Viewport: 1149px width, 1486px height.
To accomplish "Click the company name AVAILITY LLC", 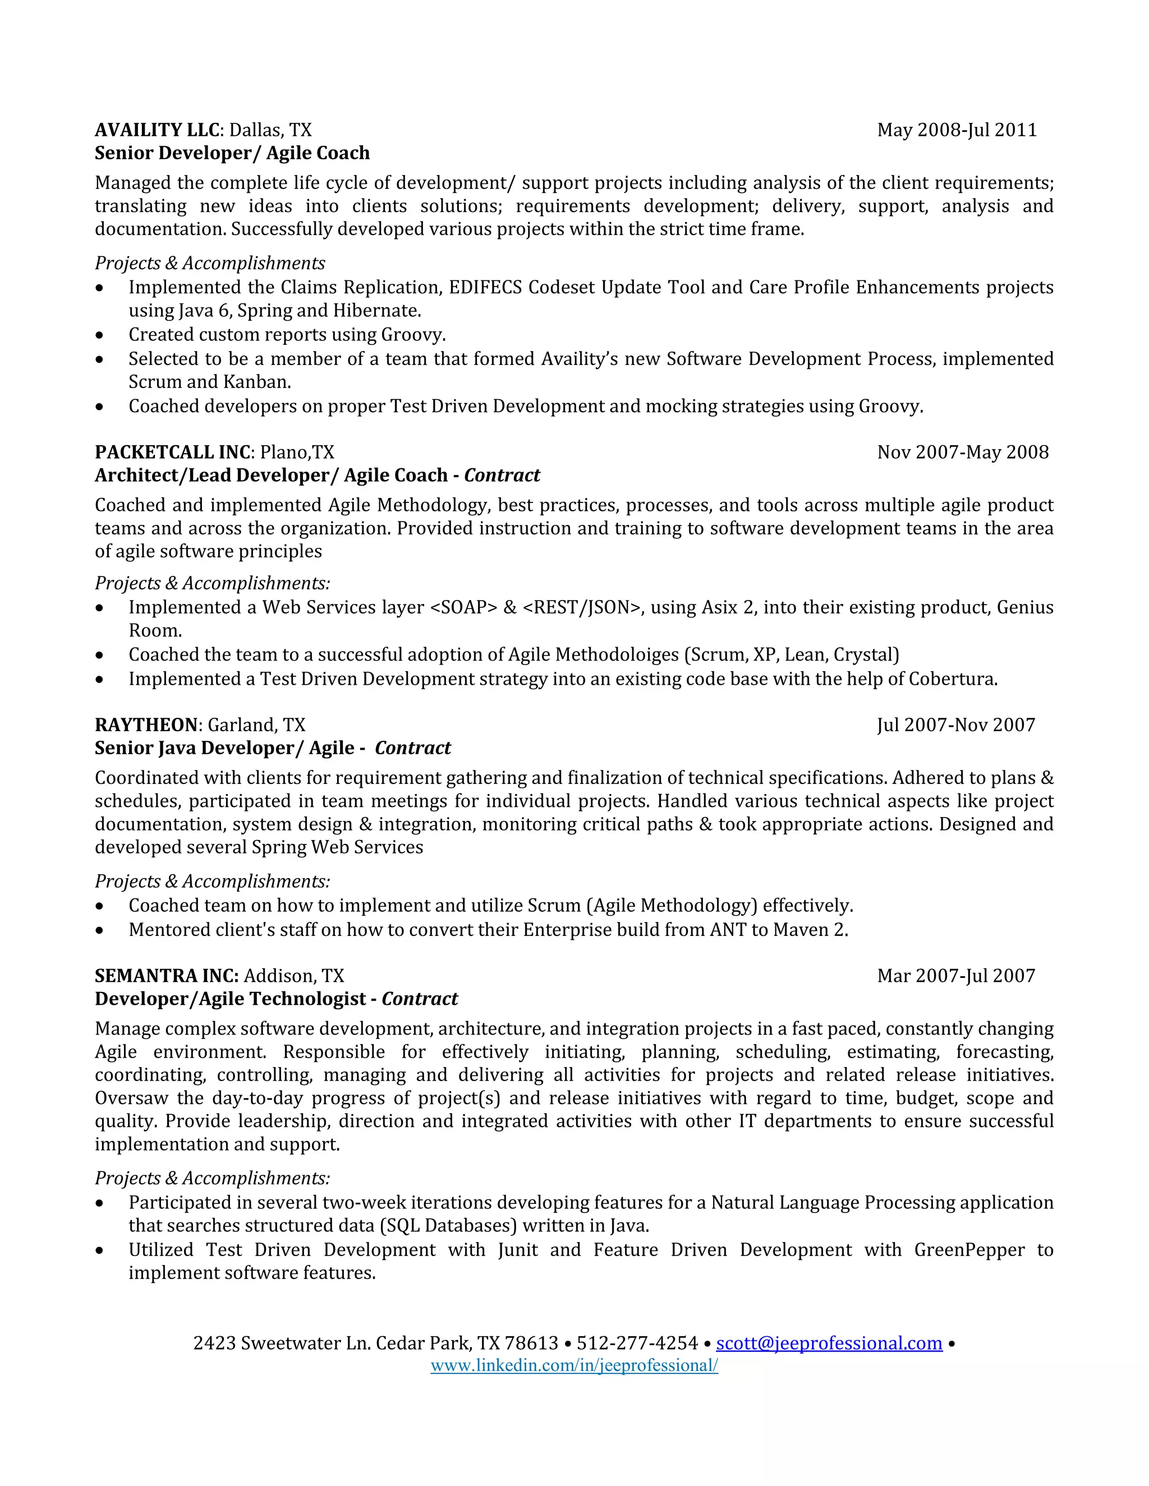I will tap(157, 130).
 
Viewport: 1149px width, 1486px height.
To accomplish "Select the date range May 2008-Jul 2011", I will tap(957, 130).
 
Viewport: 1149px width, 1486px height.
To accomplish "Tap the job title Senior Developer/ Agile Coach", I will tap(232, 153).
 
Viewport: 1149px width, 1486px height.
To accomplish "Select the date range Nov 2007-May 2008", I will tap(963, 453).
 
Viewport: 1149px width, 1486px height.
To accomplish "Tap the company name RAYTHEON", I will tap(146, 725).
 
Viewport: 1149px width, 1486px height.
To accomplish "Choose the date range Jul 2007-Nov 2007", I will tap(955, 725).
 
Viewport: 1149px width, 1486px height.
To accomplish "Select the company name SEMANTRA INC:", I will tap(167, 976).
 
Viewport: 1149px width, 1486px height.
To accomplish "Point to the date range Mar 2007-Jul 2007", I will tap(955, 976).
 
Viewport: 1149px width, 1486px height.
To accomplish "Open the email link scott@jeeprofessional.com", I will tap(829, 1343).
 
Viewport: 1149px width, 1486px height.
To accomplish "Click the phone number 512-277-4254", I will tap(637, 1343).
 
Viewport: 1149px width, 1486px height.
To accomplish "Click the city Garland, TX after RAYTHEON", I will tap(256, 725).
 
